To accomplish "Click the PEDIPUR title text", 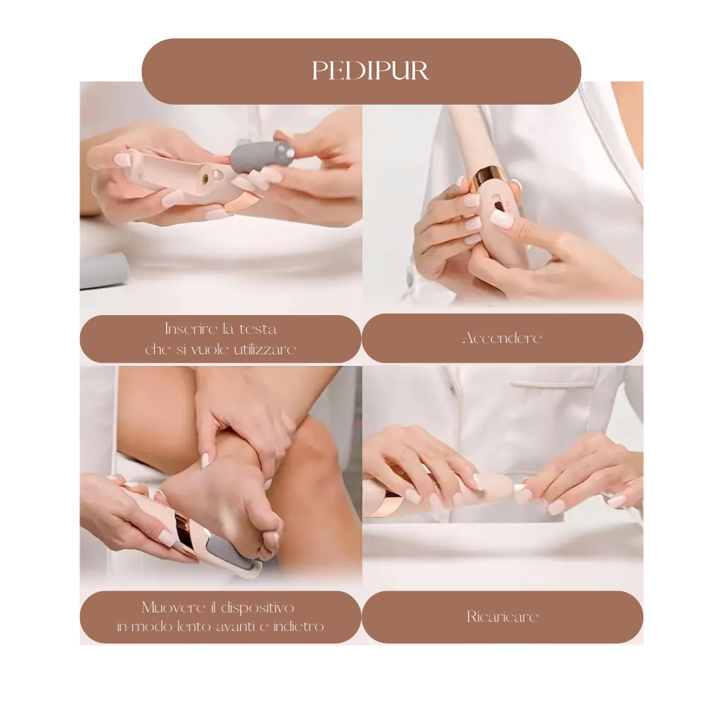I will pos(370,71).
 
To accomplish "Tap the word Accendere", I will pos(502,338).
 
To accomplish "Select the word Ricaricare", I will pos(502,617).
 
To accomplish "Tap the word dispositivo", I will pos(259,608).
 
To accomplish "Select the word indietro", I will pos(298,626).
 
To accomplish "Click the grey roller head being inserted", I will pos(260,156).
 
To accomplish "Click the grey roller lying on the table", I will pos(103,270).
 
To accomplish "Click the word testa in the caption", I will pos(259,329).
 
